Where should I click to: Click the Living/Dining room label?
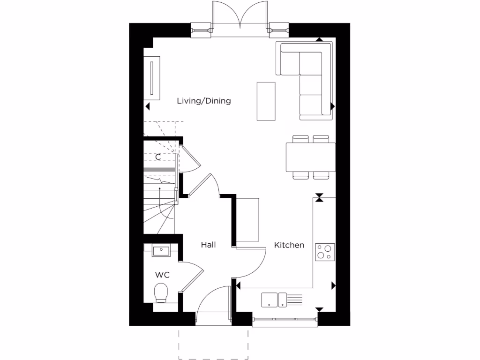pyautogui.click(x=203, y=101)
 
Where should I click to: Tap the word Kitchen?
pyautogui.click(x=289, y=245)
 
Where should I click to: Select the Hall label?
pyautogui.click(x=208, y=245)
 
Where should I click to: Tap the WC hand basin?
pyautogui.click(x=161, y=250)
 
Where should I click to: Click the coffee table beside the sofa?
pyautogui.click(x=266, y=101)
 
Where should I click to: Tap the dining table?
pyautogui.click(x=310, y=157)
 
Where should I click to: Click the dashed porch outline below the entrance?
pyautogui.click(x=213, y=345)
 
